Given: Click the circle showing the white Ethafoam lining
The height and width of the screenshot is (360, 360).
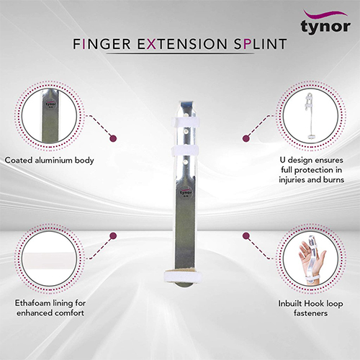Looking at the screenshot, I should click(48, 259).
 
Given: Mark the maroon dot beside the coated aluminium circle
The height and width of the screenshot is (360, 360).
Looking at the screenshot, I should click(112, 135).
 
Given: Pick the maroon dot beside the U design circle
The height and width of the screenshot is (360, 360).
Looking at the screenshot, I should click(246, 135).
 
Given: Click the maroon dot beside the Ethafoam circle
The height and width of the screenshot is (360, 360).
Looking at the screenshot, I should click(112, 236).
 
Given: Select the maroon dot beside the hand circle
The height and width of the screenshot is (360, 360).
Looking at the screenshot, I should click(246, 236).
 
